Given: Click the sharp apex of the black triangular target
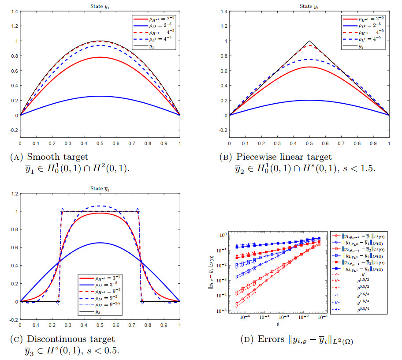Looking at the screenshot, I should coord(309,41).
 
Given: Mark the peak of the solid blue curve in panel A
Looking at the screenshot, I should coord(100,96).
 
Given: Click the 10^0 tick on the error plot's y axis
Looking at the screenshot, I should coord(223,235).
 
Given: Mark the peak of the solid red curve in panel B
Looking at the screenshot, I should coord(309,67).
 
